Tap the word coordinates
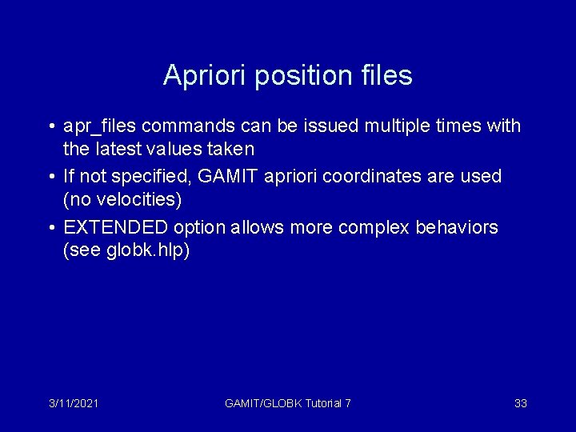tap(389, 176)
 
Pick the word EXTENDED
tap(114, 227)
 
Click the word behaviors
tap(457, 227)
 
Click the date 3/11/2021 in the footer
tap(73, 403)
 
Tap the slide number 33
tap(520, 403)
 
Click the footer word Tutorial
tap(323, 403)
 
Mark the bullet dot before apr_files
tap(50, 127)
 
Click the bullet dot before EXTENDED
tap(50, 228)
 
